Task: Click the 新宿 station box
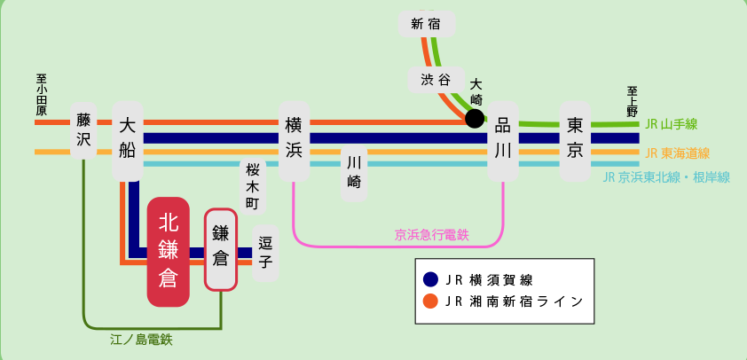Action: tap(427, 24)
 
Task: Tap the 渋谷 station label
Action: tap(436, 80)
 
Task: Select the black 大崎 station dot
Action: tap(475, 118)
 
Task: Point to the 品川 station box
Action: tap(503, 141)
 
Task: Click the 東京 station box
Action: tap(575, 141)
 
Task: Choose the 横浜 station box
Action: tap(294, 141)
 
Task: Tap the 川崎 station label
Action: tap(354, 175)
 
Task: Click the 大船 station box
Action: tap(128, 141)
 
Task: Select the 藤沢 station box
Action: tap(83, 130)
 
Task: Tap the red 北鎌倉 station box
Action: tap(169, 252)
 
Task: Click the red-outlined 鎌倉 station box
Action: tap(221, 249)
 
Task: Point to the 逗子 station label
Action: tap(265, 253)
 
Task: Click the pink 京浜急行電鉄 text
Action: tap(432, 235)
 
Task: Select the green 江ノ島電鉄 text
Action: tap(141, 340)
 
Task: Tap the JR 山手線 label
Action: tap(672, 125)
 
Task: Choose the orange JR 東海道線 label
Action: tap(678, 153)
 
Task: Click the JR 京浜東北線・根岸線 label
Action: tap(666, 178)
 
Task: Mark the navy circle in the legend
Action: tap(430, 279)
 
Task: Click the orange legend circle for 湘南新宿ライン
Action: tap(430, 301)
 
